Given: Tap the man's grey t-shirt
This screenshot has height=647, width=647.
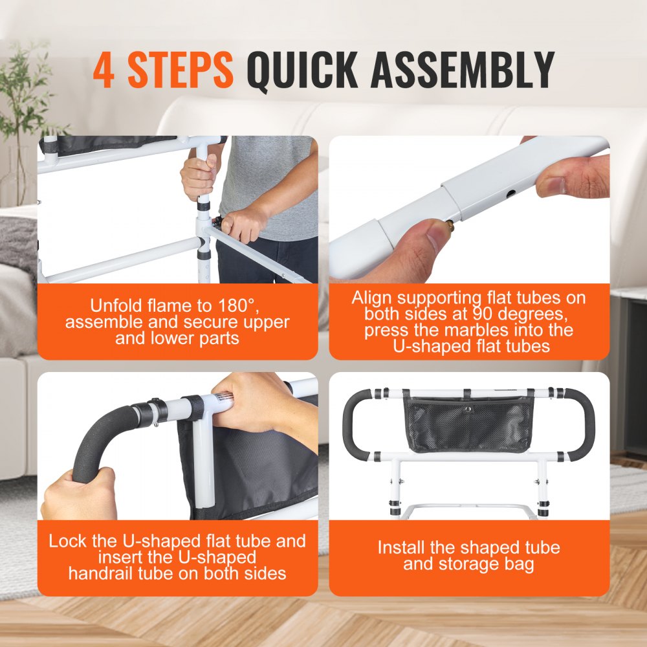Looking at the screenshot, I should point(285,188).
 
